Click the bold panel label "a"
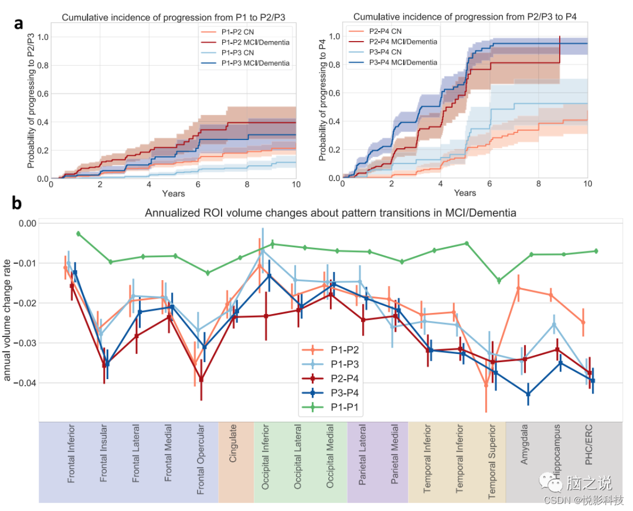19,24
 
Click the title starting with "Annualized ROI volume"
331,213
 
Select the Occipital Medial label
330,460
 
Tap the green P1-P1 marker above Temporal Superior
499,281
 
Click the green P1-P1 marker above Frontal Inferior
78,233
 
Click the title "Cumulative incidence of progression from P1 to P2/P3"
173,18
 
